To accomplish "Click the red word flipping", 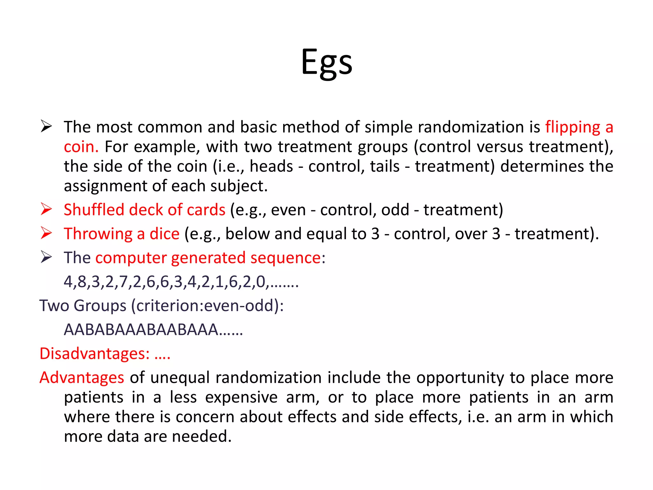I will pos(573,127).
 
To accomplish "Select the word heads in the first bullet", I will pos(271,167).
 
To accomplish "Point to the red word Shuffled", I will pos(94,210).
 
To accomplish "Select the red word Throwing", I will pos(98,234).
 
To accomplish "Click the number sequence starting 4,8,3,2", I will pos(181,282).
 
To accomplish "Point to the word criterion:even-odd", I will pos(205,306).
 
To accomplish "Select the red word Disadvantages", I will pos(94,353).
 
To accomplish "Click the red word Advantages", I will pos(82,377).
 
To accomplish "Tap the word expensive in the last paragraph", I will pos(241,397).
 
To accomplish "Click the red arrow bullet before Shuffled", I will pos(46,209).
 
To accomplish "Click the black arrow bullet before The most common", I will pos(46,127).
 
